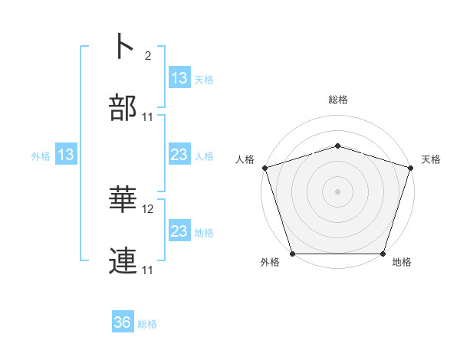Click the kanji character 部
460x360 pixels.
click(123, 109)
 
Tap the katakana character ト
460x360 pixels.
click(123, 46)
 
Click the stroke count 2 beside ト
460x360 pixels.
click(147, 55)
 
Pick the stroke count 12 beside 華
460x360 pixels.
click(148, 208)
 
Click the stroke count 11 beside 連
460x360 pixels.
click(148, 270)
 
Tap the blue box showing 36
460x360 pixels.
click(123, 322)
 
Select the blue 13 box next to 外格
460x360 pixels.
click(66, 155)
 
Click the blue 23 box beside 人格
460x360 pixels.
click(179, 155)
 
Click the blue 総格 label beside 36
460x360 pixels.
click(147, 324)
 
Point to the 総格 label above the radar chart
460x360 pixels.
click(338, 100)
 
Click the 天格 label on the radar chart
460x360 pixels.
click(432, 159)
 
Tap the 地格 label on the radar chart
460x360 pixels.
click(402, 263)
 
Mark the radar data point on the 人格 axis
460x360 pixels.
click(264, 168)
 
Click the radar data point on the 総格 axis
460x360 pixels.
click(338, 146)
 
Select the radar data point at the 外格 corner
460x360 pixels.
click(293, 254)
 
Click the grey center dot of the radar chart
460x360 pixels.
click(338, 191)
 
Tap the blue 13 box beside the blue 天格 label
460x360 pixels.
click(179, 78)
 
